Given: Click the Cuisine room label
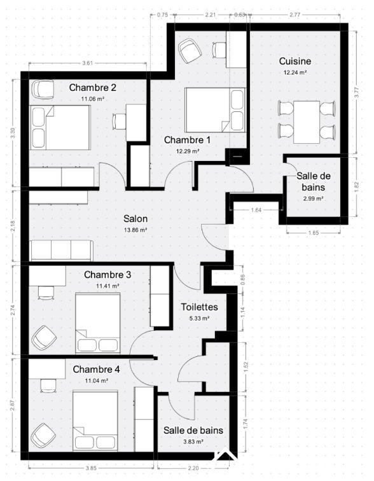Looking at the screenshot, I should pyautogui.click(x=295, y=62).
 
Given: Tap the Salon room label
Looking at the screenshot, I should pyautogui.click(x=135, y=218).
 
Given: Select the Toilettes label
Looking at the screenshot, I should pyautogui.click(x=199, y=307).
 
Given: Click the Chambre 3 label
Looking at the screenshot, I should pyautogui.click(x=107, y=275).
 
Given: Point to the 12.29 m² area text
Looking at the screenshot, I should pyautogui.click(x=188, y=151).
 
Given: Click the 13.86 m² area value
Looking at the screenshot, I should pyautogui.click(x=135, y=230).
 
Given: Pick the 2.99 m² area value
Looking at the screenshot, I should pyautogui.click(x=312, y=199).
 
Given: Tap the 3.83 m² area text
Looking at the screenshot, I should pyautogui.click(x=193, y=442).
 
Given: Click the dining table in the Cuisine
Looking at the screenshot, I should pyautogui.click(x=307, y=122).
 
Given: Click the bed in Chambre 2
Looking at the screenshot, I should pyautogui.click(x=60, y=127).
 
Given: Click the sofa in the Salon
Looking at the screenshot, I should pyautogui.click(x=62, y=251).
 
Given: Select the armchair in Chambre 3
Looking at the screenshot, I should pyautogui.click(x=43, y=337).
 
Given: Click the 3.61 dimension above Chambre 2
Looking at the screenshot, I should pyautogui.click(x=88, y=63).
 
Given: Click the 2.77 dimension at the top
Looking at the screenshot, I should pyautogui.click(x=294, y=13).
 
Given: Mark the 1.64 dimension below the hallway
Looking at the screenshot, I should pyautogui.click(x=256, y=210).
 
